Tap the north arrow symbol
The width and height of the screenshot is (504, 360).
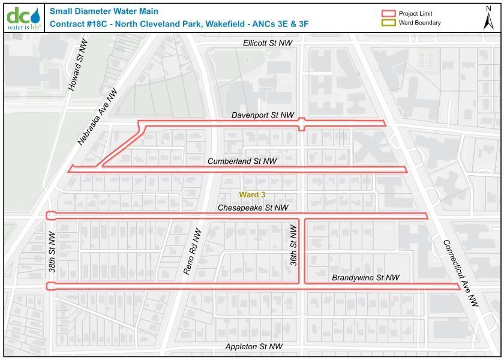[x=488, y=18]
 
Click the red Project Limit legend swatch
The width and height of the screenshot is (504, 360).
[x=389, y=14]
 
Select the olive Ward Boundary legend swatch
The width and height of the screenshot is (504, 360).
[x=389, y=23]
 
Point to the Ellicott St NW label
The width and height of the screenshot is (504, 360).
[x=268, y=43]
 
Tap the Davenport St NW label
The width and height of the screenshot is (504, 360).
[x=263, y=115]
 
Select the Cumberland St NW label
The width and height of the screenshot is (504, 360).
[x=242, y=161]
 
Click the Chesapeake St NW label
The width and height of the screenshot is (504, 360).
[x=253, y=208]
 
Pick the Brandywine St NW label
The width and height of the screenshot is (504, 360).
[x=365, y=278]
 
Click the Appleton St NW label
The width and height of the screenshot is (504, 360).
[x=254, y=347]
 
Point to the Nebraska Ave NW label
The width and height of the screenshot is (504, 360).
[x=98, y=118]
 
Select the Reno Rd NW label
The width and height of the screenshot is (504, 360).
[x=194, y=252]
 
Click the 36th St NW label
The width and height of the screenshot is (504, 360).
[x=293, y=245]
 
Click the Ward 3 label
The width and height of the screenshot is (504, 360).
[x=252, y=195]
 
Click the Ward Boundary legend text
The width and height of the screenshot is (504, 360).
[x=420, y=23]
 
